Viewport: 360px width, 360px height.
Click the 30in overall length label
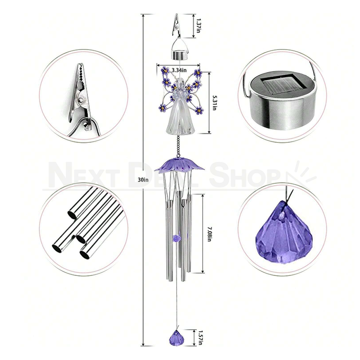[x=143, y=179]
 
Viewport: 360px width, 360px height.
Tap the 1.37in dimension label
[x=199, y=23]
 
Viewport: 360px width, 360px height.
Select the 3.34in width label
[x=180, y=69]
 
